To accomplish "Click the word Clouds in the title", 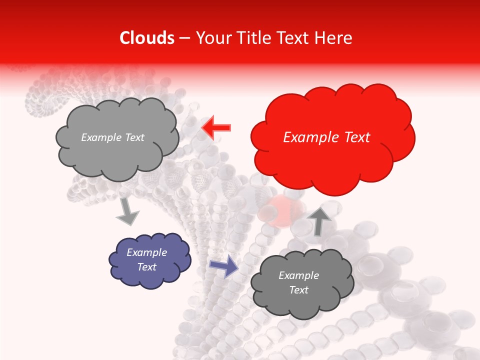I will (147, 38).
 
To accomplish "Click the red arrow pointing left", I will (216, 128).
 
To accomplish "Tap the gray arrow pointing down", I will (127, 212).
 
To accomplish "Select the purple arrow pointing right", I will (224, 266).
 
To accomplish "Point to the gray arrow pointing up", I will (319, 220).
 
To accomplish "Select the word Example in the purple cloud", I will (147, 252).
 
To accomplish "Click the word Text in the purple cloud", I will (147, 267).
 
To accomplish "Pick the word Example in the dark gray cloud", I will (298, 275).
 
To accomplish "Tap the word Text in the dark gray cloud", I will (298, 290).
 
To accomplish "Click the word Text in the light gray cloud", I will (134, 137).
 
